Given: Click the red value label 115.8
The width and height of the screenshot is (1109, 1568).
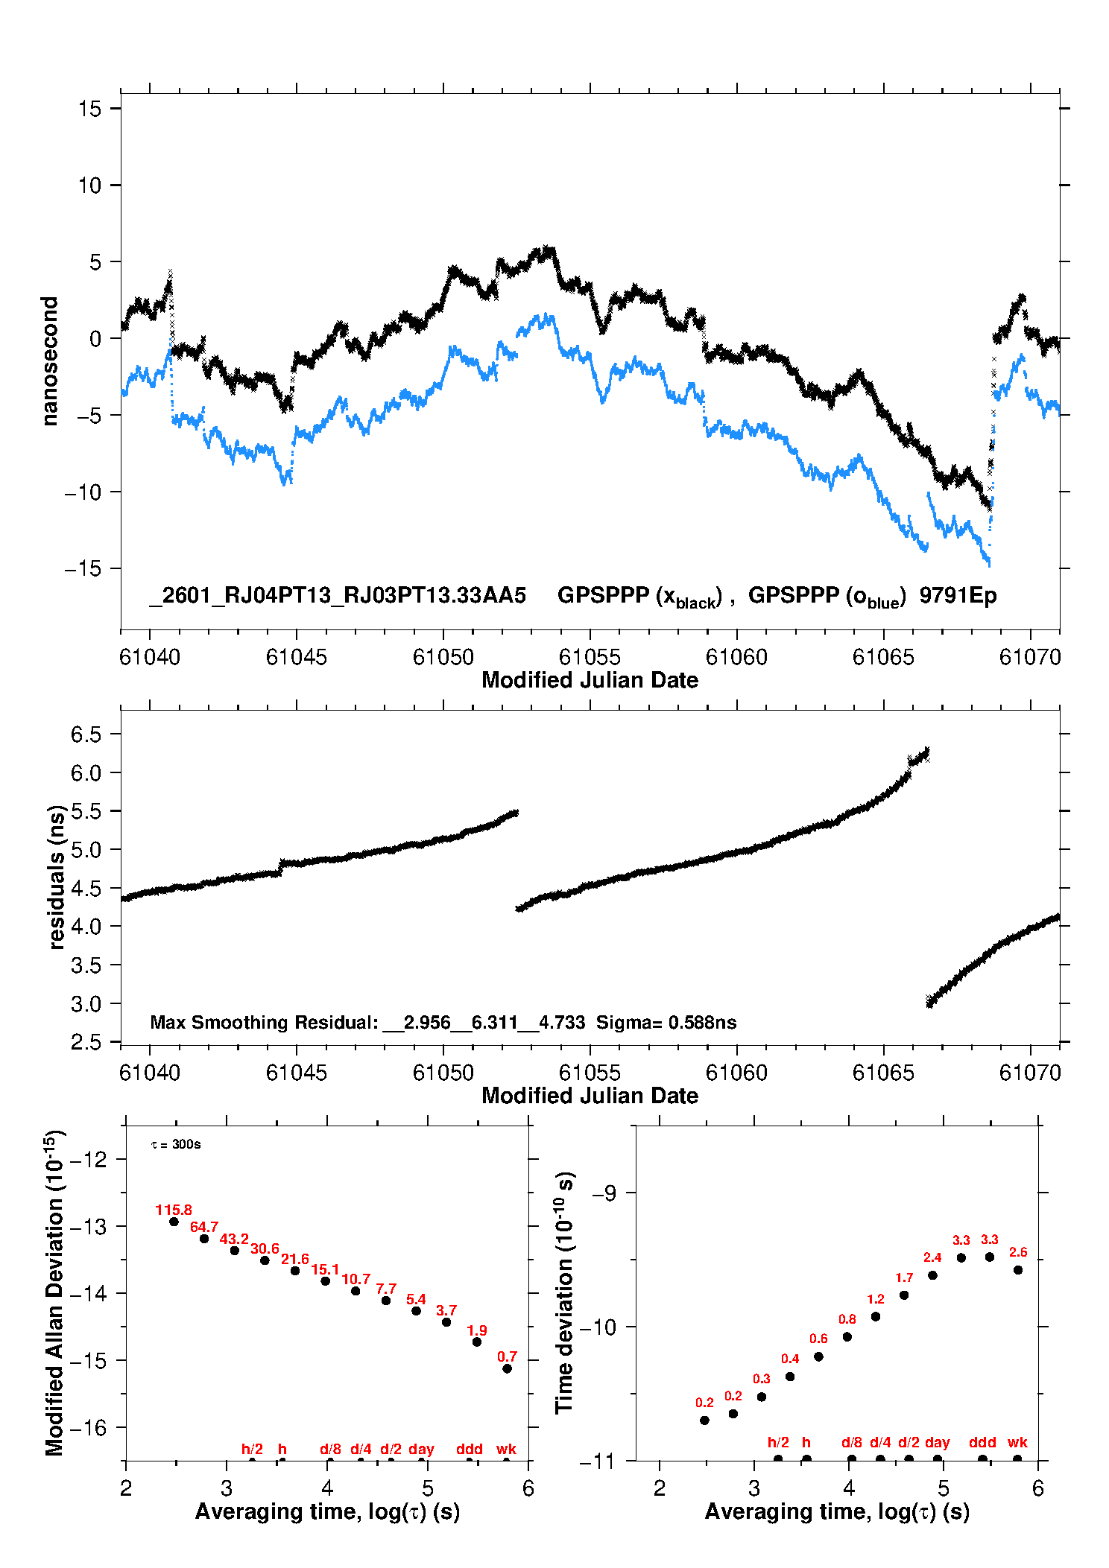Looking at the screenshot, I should (174, 1210).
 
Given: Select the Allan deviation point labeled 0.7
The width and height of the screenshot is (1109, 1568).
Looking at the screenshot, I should (508, 1368).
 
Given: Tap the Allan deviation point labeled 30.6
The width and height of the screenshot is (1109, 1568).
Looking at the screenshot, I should (265, 1260).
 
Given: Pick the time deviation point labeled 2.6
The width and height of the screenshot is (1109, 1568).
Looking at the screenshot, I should (1018, 1270).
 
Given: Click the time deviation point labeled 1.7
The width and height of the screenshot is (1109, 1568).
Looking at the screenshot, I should (904, 1295).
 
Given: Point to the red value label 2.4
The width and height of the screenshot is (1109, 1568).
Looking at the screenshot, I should (932, 1257).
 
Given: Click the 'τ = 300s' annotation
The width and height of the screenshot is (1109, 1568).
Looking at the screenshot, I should (176, 1144).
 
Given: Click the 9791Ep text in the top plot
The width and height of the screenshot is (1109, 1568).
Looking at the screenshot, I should (958, 595).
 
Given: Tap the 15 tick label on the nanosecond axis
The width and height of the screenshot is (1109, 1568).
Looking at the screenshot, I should (89, 109).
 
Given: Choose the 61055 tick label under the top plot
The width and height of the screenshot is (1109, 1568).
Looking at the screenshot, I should (590, 657).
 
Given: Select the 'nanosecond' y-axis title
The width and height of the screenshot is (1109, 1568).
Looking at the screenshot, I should (49, 361).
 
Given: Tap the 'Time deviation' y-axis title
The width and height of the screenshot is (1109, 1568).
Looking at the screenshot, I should (564, 1292).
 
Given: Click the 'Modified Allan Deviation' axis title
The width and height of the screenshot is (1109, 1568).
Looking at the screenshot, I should (54, 1292).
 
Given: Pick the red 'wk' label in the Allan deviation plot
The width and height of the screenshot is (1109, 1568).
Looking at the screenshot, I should (506, 1449).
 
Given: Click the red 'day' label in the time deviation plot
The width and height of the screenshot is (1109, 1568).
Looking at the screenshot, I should (937, 1442).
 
